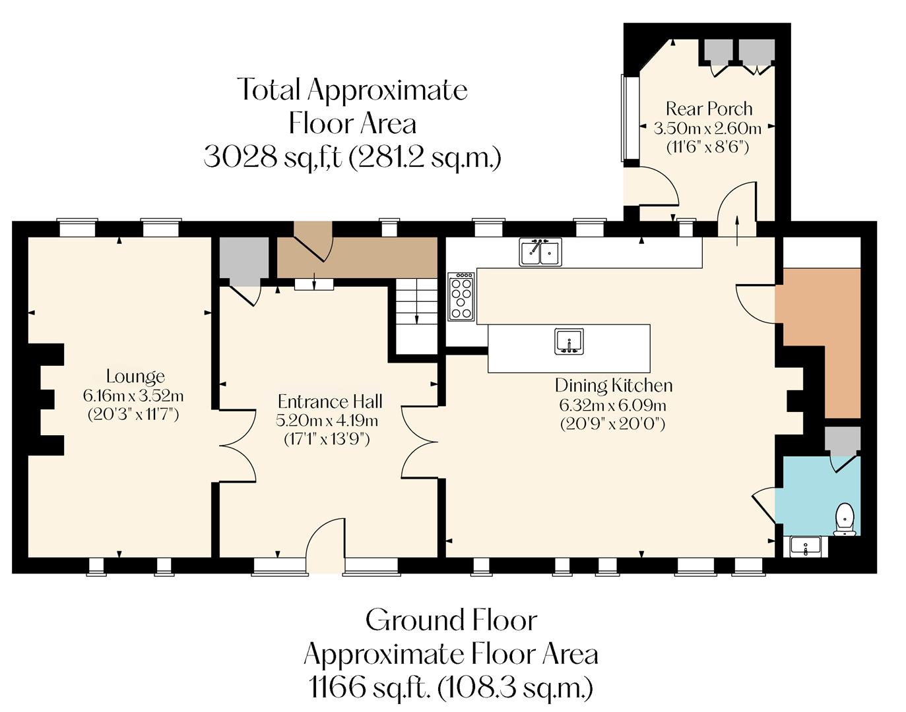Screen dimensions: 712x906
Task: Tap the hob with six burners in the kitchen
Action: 461,297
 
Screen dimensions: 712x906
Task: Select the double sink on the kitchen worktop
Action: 540,252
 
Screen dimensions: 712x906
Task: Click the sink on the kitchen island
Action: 569,341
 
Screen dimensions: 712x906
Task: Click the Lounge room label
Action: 135,376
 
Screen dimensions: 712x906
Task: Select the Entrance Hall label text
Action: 330,401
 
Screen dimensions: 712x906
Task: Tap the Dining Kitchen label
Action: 614,385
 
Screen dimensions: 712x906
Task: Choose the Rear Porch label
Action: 709,108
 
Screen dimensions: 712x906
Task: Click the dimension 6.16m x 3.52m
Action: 133,396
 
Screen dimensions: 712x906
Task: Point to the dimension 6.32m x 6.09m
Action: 612,405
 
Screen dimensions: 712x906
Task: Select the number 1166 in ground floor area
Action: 337,688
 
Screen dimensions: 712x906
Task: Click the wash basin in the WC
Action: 806,547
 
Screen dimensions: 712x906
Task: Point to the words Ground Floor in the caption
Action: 451,620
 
